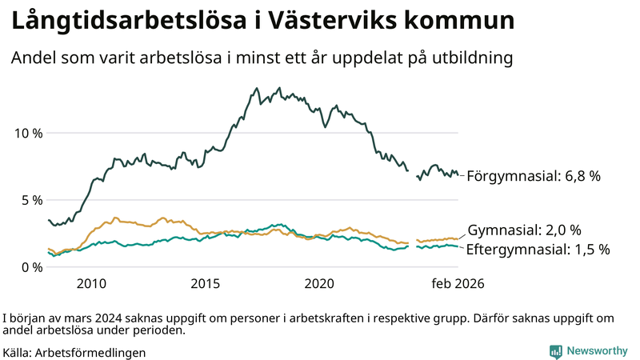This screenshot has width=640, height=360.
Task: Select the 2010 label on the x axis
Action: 91,284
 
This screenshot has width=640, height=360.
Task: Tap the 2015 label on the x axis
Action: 206,284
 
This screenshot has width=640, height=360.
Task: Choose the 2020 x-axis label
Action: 320,284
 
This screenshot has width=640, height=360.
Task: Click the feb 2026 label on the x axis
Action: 458,284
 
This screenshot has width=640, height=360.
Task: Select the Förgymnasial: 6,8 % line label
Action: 533,176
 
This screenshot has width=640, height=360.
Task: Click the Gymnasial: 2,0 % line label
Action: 524,230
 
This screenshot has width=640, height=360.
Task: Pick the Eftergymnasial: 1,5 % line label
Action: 538,250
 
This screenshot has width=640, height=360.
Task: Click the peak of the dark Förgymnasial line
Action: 257,89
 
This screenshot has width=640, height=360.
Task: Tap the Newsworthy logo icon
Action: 555,351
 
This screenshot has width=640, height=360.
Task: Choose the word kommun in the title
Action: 467,22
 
